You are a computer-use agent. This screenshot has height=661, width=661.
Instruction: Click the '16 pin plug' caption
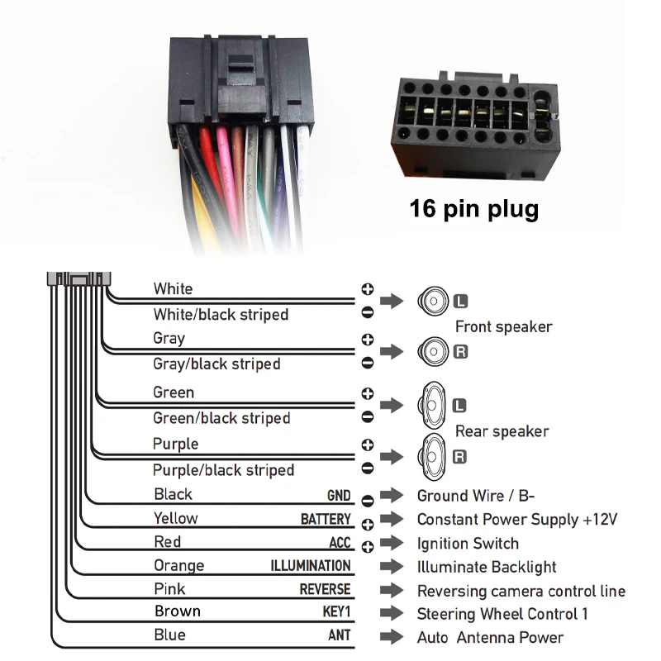click(473, 208)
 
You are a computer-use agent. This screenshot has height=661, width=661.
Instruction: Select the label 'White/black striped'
click(221, 315)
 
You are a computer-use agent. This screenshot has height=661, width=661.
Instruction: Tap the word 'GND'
click(339, 497)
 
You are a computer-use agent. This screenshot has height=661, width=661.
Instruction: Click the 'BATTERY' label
click(326, 520)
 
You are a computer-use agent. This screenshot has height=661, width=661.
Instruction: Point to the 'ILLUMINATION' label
click(311, 566)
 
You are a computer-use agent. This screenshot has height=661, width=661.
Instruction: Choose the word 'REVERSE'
click(325, 589)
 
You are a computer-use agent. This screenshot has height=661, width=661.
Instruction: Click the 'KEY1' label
click(336, 612)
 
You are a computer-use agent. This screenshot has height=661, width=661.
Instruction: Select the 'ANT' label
click(340, 635)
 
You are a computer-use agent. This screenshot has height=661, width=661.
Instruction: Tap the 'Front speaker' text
click(503, 326)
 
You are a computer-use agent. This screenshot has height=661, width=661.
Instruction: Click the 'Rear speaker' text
click(502, 431)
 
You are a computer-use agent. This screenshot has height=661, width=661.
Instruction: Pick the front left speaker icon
click(431, 300)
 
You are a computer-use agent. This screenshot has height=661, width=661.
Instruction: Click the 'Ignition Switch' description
click(468, 544)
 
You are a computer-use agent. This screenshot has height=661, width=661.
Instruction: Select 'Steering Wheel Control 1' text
click(502, 614)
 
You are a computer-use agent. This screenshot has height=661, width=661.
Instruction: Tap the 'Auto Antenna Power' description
click(490, 638)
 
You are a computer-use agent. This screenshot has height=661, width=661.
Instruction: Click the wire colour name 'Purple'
click(175, 444)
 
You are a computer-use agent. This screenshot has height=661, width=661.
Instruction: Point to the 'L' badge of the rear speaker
click(461, 405)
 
